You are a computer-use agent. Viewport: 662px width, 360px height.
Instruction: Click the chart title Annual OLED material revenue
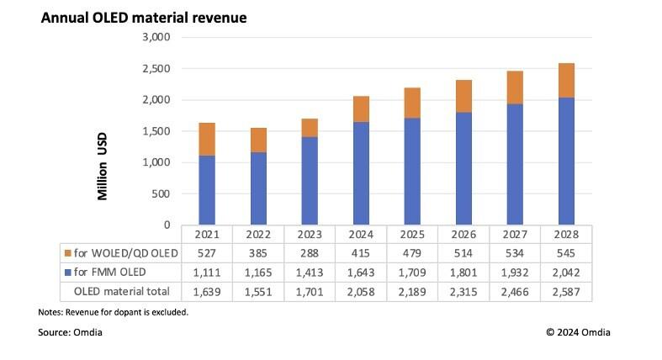tap(144, 18)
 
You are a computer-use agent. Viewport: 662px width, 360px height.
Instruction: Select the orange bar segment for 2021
tap(207, 139)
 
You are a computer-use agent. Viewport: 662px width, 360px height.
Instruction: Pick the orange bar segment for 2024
tap(360, 109)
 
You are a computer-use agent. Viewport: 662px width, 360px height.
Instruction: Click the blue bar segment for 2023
tap(309, 181)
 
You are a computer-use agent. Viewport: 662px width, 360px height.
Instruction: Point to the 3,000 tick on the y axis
tap(156, 38)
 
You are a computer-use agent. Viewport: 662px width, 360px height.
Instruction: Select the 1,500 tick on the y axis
tap(156, 131)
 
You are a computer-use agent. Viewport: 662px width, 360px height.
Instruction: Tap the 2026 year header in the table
tap(463, 234)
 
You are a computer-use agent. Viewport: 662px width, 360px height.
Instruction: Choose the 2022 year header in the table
tap(258, 234)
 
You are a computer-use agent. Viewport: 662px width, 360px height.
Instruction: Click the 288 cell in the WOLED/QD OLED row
tap(310, 253)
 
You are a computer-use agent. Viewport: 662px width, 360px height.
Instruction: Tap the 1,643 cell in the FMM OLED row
tap(361, 273)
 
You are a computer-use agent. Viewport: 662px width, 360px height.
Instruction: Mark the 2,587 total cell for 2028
tap(566, 292)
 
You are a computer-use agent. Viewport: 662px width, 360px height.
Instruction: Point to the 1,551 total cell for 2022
tap(258, 292)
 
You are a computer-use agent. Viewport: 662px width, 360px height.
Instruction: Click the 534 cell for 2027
tap(515, 253)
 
